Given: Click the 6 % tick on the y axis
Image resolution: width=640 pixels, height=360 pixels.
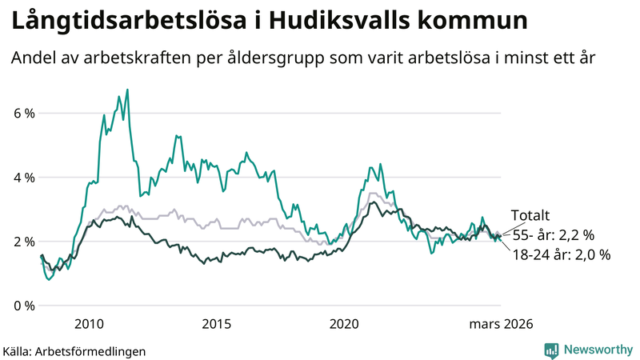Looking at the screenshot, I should pyautogui.click(x=23, y=114).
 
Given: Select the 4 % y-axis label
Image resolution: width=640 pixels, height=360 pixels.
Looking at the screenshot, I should pyautogui.click(x=23, y=178).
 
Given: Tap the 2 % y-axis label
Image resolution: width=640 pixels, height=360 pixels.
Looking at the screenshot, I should pyautogui.click(x=23, y=242).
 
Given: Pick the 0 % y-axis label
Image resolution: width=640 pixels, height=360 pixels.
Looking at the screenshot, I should pyautogui.click(x=23, y=306).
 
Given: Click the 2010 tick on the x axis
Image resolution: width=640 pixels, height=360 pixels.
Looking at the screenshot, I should pyautogui.click(x=89, y=323).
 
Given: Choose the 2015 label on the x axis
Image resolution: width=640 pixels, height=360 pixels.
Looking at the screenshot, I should pyautogui.click(x=216, y=323).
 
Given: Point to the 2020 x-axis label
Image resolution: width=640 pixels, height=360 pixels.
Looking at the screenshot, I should pyautogui.click(x=344, y=323).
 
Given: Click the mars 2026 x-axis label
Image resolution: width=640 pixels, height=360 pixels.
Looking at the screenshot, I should pyautogui.click(x=501, y=323).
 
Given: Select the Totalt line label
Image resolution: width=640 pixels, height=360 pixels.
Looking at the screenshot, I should pyautogui.click(x=531, y=215).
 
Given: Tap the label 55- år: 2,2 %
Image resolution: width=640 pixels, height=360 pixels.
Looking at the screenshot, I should pyautogui.click(x=553, y=235).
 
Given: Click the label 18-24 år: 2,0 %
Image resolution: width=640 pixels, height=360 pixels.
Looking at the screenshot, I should pyautogui.click(x=561, y=255).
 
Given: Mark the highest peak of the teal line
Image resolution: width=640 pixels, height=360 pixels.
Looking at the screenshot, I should pyautogui.click(x=127, y=90).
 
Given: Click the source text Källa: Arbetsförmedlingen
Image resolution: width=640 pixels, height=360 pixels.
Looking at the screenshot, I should pyautogui.click(x=74, y=350).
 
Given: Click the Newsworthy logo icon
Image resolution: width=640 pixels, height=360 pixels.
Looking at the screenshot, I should pyautogui.click(x=551, y=350).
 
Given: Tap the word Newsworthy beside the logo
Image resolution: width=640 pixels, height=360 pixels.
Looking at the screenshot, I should pyautogui.click(x=596, y=350).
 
